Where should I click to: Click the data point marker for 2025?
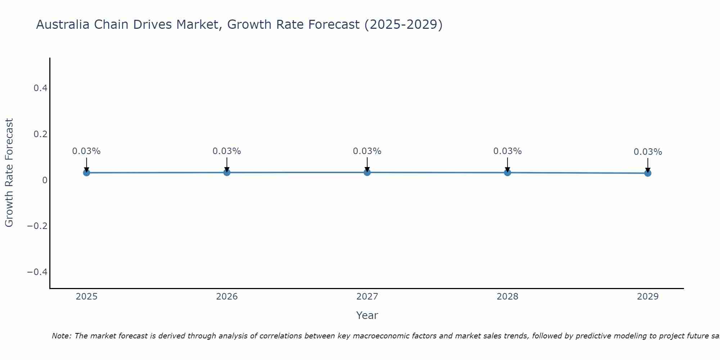[86, 173]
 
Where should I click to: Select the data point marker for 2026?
[227, 172]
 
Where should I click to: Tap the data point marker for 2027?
[367, 172]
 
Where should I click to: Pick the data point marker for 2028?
[507, 172]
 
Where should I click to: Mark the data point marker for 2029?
[648, 173]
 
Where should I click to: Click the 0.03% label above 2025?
[86, 151]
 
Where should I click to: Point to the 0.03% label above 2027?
[367, 151]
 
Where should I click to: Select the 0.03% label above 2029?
[648, 152]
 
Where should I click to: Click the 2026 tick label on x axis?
[227, 297]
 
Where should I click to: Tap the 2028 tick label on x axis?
[507, 297]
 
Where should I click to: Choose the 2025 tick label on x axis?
[86, 297]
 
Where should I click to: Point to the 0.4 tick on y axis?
[41, 88]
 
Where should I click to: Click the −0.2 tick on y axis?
[37, 226]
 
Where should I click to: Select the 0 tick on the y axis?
[45, 180]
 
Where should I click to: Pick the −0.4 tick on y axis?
[37, 272]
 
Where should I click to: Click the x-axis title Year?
[367, 315]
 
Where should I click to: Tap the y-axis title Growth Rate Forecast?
[9, 173]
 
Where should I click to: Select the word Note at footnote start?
[61, 336]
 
